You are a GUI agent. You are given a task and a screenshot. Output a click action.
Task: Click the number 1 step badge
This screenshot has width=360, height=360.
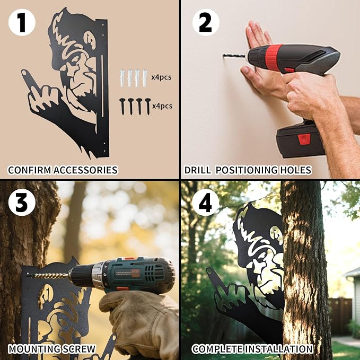22,22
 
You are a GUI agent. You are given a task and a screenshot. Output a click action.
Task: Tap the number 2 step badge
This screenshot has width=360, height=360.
206,22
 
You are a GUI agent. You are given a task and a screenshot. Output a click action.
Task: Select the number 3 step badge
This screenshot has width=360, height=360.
22,203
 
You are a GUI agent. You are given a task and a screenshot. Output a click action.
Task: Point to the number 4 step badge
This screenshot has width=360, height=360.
206,203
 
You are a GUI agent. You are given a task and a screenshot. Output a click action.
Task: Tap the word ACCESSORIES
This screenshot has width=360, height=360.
85,170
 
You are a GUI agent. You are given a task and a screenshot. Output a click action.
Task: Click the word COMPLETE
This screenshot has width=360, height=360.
217,349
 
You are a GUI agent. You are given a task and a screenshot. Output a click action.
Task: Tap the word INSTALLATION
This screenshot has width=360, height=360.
278,349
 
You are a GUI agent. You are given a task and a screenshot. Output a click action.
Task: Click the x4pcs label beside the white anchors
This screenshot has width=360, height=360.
161,77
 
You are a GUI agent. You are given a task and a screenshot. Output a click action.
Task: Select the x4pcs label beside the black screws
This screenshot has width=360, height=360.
162,106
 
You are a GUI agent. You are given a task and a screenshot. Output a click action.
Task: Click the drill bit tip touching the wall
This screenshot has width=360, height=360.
223,55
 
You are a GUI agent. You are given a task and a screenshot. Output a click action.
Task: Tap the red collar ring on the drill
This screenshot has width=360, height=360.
273,57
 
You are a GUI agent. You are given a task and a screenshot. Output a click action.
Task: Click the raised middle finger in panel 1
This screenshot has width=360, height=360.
28,81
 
